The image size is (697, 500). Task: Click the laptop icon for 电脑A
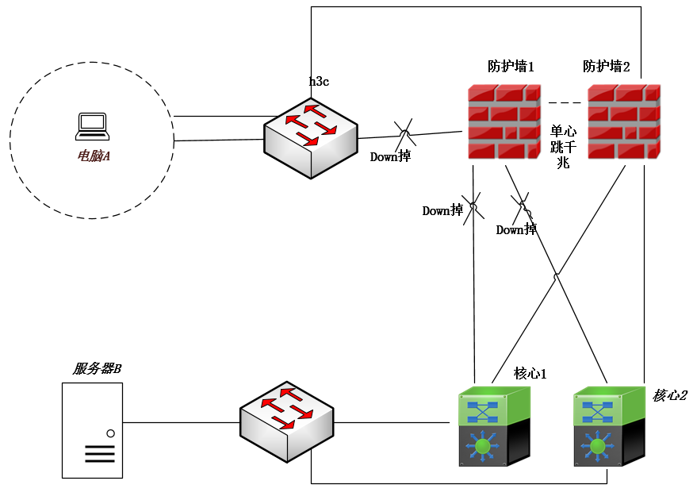click(x=91, y=125)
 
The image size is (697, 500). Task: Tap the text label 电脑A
click(x=93, y=156)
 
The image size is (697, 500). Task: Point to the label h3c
click(x=320, y=80)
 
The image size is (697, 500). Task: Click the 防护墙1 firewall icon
click(x=504, y=121)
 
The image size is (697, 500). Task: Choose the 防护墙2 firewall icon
click(x=623, y=121)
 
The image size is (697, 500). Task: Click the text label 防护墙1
click(x=511, y=67)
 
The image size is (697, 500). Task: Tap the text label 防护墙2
click(x=607, y=67)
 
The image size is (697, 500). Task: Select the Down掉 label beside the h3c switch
click(x=390, y=156)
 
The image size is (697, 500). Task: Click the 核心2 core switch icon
click(x=607, y=426)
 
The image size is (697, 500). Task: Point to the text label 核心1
click(x=530, y=373)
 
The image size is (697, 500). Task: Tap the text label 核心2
click(x=670, y=395)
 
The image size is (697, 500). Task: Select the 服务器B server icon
click(x=93, y=429)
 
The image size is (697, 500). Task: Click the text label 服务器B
click(x=97, y=369)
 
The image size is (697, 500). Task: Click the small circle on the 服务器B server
click(x=111, y=433)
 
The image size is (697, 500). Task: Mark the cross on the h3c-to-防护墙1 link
click(x=404, y=132)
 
